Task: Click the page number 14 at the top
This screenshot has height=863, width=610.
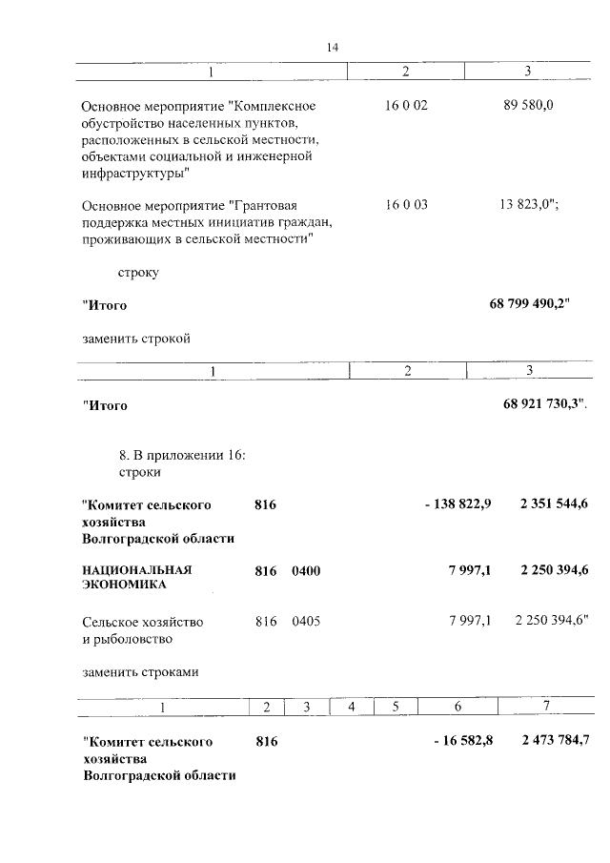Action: pyautogui.click(x=333, y=48)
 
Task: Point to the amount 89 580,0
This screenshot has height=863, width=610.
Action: pyautogui.click(x=528, y=105)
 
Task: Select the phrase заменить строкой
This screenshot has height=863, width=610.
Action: pyautogui.click(x=136, y=338)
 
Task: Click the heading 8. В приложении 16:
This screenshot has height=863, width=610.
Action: pyautogui.click(x=182, y=455)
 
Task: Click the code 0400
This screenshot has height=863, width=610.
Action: pyautogui.click(x=306, y=570)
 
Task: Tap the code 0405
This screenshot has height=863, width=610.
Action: pyautogui.click(x=306, y=622)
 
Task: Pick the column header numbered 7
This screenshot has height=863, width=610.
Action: pyautogui.click(x=546, y=707)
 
